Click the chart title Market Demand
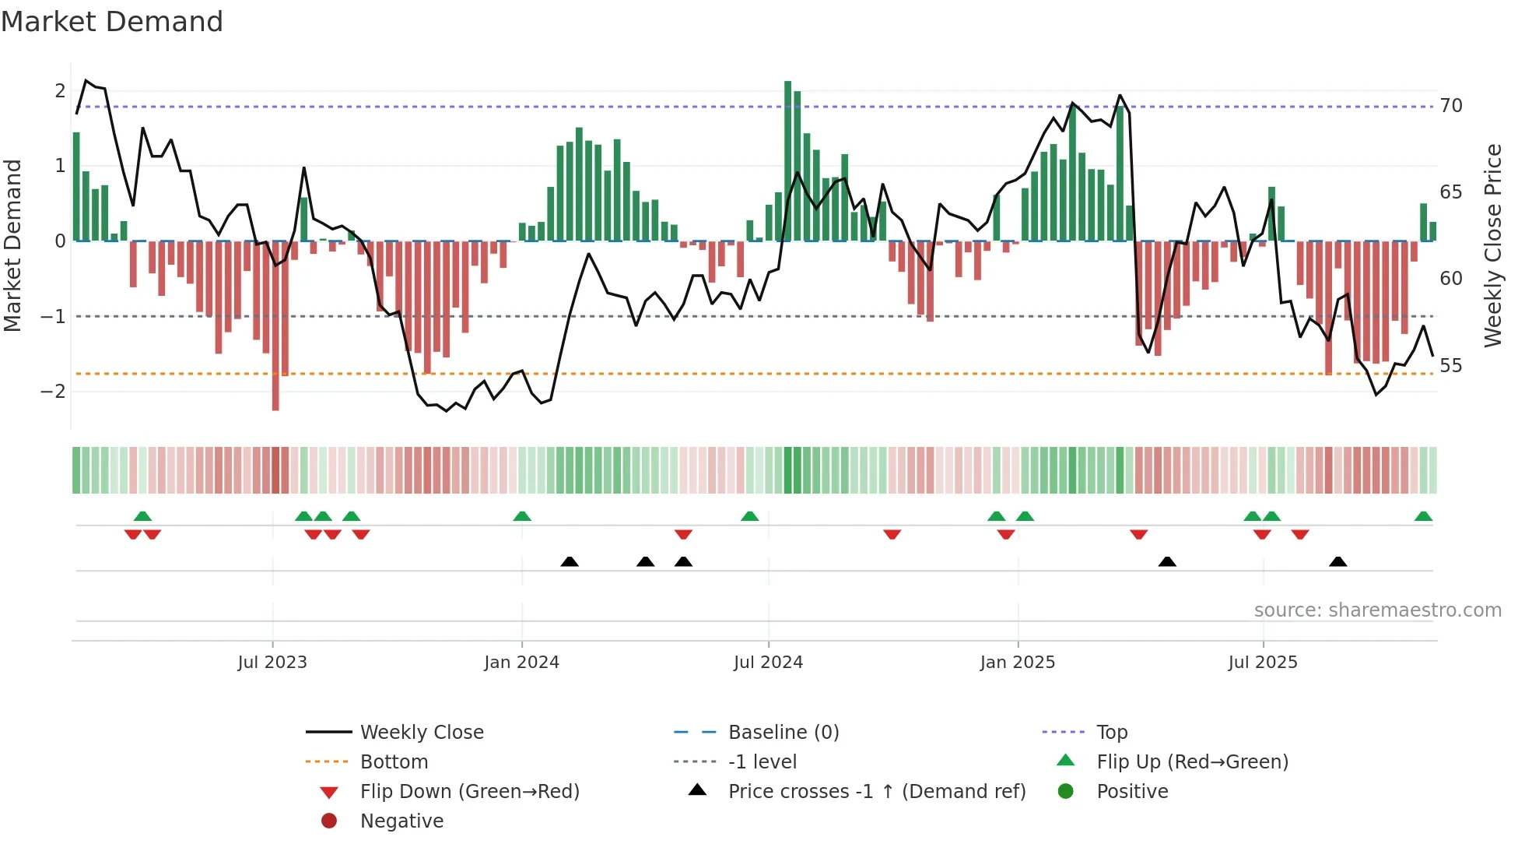(x=112, y=22)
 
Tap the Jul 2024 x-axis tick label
(x=768, y=663)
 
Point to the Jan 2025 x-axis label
(x=1017, y=663)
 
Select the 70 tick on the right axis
(x=1451, y=106)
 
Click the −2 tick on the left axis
(x=53, y=392)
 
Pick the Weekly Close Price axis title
(x=1492, y=245)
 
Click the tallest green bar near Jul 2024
(x=787, y=160)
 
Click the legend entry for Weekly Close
(x=421, y=733)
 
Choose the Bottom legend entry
(x=394, y=762)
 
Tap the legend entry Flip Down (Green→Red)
(x=469, y=792)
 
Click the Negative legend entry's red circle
(x=329, y=821)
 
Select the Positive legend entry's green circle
(x=1066, y=792)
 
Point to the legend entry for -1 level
(x=762, y=762)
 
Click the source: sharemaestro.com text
(x=1377, y=610)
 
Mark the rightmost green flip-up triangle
(x=1423, y=517)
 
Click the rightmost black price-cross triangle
(x=1337, y=562)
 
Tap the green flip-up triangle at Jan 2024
(x=522, y=517)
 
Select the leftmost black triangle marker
(x=570, y=562)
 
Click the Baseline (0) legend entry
(x=783, y=733)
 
